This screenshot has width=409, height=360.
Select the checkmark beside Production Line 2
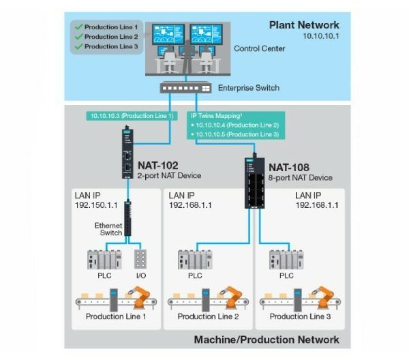tap(78, 37)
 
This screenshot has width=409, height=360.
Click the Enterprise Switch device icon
tap(184, 87)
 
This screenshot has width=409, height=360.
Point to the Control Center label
tap(259, 49)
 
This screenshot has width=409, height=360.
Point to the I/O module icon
tap(142, 260)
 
